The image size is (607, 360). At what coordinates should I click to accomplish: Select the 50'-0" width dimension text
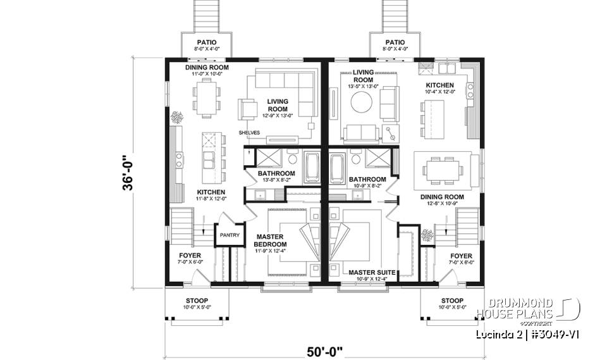pyautogui.click(x=325, y=349)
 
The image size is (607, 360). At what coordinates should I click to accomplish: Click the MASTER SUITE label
pyautogui.click(x=372, y=273)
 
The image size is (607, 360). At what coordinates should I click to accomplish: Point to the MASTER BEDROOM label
pyautogui.click(x=271, y=240)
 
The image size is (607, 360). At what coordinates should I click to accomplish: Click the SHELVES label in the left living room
pyautogui.click(x=249, y=132)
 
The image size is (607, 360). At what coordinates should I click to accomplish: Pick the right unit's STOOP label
pyautogui.click(x=453, y=301)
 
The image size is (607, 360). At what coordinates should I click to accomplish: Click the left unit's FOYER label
pyautogui.click(x=190, y=256)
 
